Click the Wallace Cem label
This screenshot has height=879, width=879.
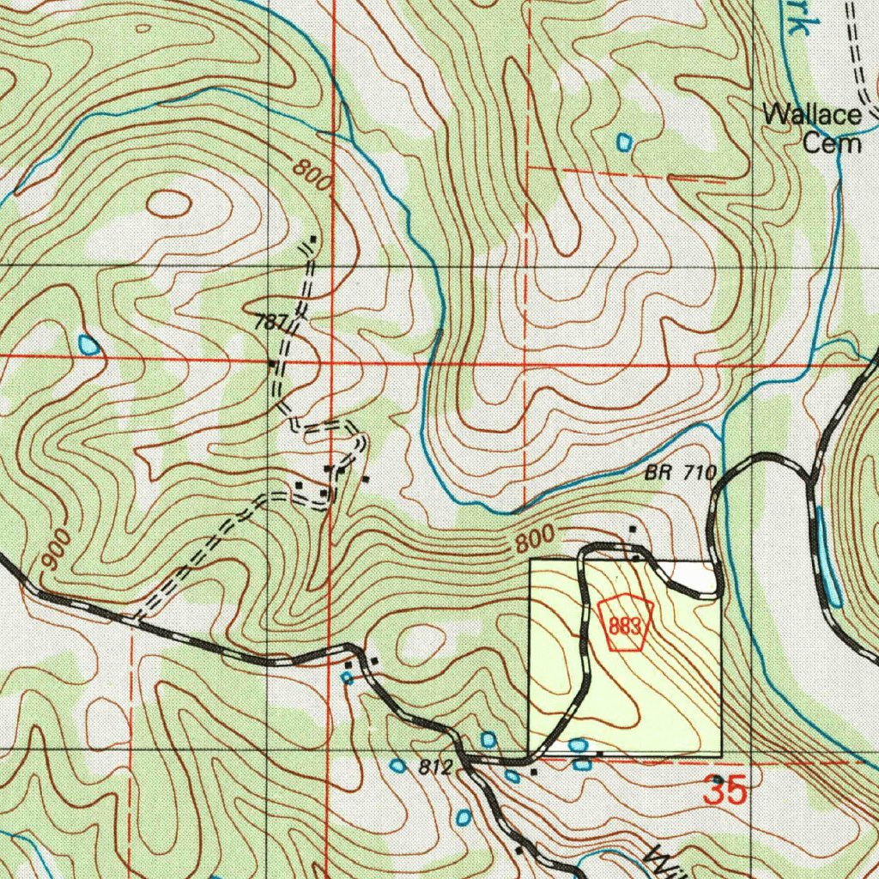(x=812, y=127)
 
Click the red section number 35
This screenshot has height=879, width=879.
(x=725, y=791)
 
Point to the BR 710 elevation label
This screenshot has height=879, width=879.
(x=680, y=472)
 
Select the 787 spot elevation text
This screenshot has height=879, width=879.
(x=270, y=324)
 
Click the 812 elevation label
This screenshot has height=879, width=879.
(x=435, y=768)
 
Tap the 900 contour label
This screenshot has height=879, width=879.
(x=55, y=551)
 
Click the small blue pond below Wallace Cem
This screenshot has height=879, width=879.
(x=624, y=140)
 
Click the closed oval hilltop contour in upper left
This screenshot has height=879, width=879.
(x=168, y=203)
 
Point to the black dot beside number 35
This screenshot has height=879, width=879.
(x=718, y=779)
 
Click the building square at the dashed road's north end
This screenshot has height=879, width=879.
(x=313, y=239)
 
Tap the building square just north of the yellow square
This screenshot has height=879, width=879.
(x=633, y=530)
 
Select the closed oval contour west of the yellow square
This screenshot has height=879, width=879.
(x=421, y=640)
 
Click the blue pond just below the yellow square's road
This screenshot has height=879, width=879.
(x=578, y=745)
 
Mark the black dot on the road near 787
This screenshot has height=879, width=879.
(x=272, y=364)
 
